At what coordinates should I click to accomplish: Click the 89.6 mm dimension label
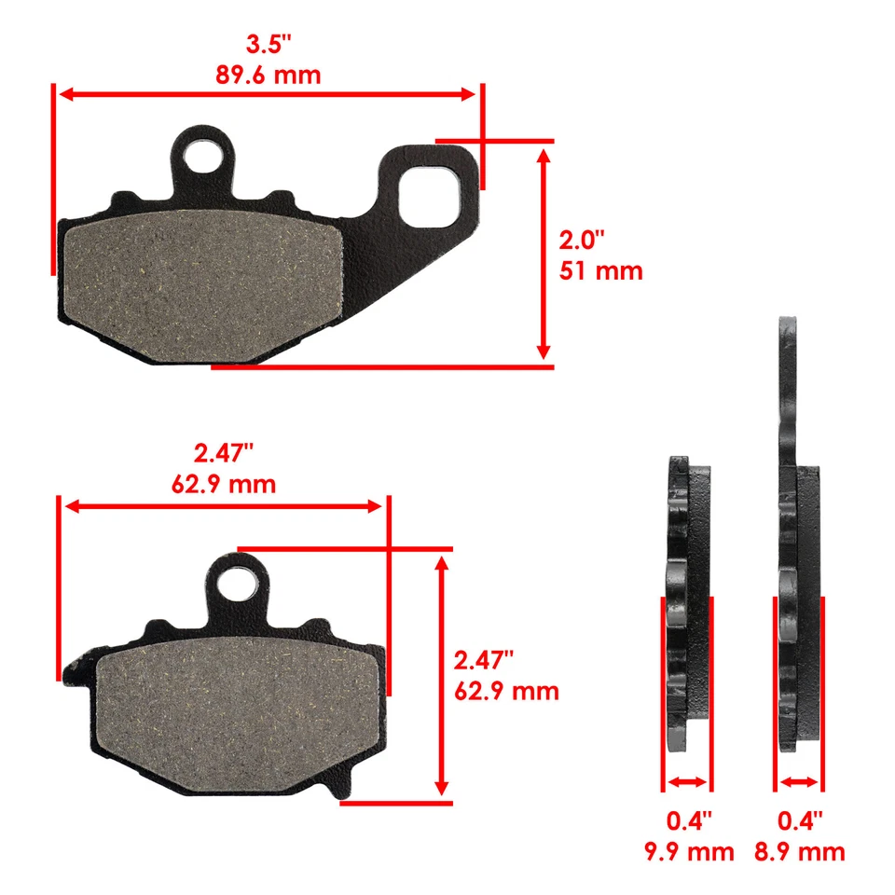[x=268, y=74]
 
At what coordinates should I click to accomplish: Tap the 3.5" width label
[x=268, y=43]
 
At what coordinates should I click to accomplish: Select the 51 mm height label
[x=600, y=271]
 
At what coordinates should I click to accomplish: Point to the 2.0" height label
[x=582, y=240]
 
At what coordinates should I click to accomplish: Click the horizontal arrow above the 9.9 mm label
[x=687, y=782]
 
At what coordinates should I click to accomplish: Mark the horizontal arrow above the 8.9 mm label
[x=799, y=782]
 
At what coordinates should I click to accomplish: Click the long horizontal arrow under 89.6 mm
[x=268, y=94]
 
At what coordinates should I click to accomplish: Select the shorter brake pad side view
[x=688, y=597]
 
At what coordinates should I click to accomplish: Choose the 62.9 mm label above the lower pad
[x=224, y=484]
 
